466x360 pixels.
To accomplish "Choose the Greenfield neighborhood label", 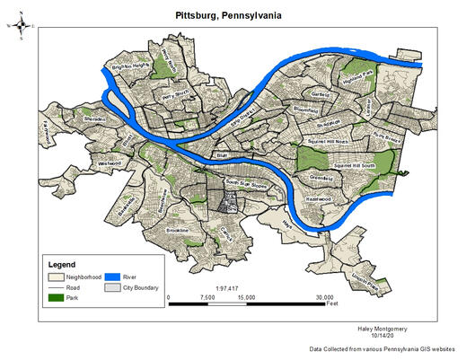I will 320,178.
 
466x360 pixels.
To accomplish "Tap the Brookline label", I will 178,231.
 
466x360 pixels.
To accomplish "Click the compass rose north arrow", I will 20,26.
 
